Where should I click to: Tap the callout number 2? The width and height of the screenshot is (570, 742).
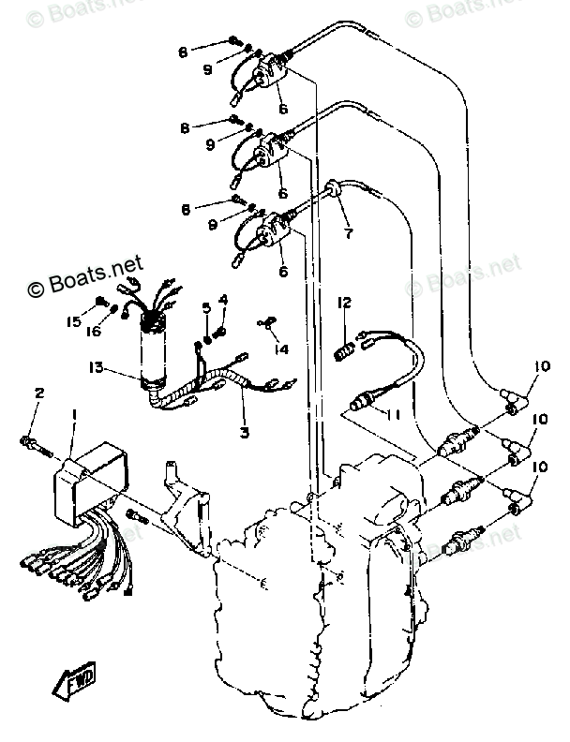click(39, 392)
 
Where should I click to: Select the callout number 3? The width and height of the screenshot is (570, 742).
click(243, 433)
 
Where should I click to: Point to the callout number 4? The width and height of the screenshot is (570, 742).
click(223, 300)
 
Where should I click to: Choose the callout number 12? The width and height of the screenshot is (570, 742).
click(345, 303)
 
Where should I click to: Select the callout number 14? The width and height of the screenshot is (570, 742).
click(281, 349)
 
